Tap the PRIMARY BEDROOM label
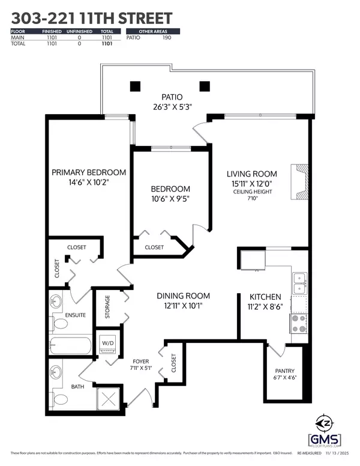[x=89, y=172]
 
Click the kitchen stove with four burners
[x=299, y=324]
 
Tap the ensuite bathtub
[x=70, y=346]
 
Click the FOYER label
[x=140, y=361]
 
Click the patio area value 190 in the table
[x=166, y=38]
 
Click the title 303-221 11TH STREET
[x=91, y=18]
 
